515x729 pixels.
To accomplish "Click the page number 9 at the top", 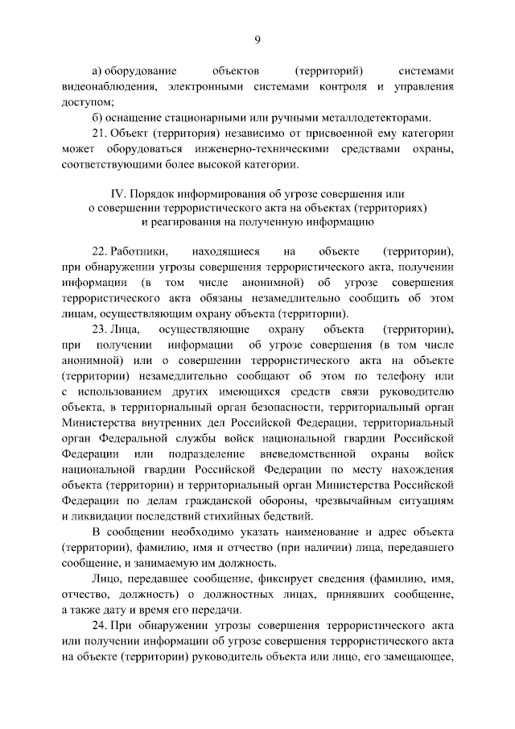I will tap(257, 41).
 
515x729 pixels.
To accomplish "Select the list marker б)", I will tap(99, 117).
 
